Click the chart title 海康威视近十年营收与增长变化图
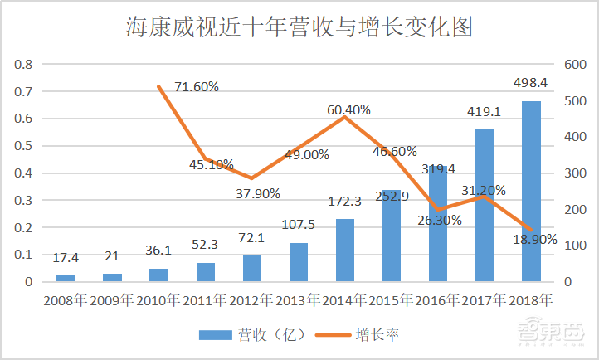(x=299, y=27)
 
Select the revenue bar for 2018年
(x=531, y=191)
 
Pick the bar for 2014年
(x=345, y=250)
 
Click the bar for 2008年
(x=66, y=278)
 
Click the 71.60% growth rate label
(x=196, y=86)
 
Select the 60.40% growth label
(x=348, y=109)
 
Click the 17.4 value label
(x=66, y=259)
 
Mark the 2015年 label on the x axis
(x=392, y=300)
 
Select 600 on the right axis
(x=574, y=65)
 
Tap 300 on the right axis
(x=574, y=173)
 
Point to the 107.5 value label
(x=299, y=225)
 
